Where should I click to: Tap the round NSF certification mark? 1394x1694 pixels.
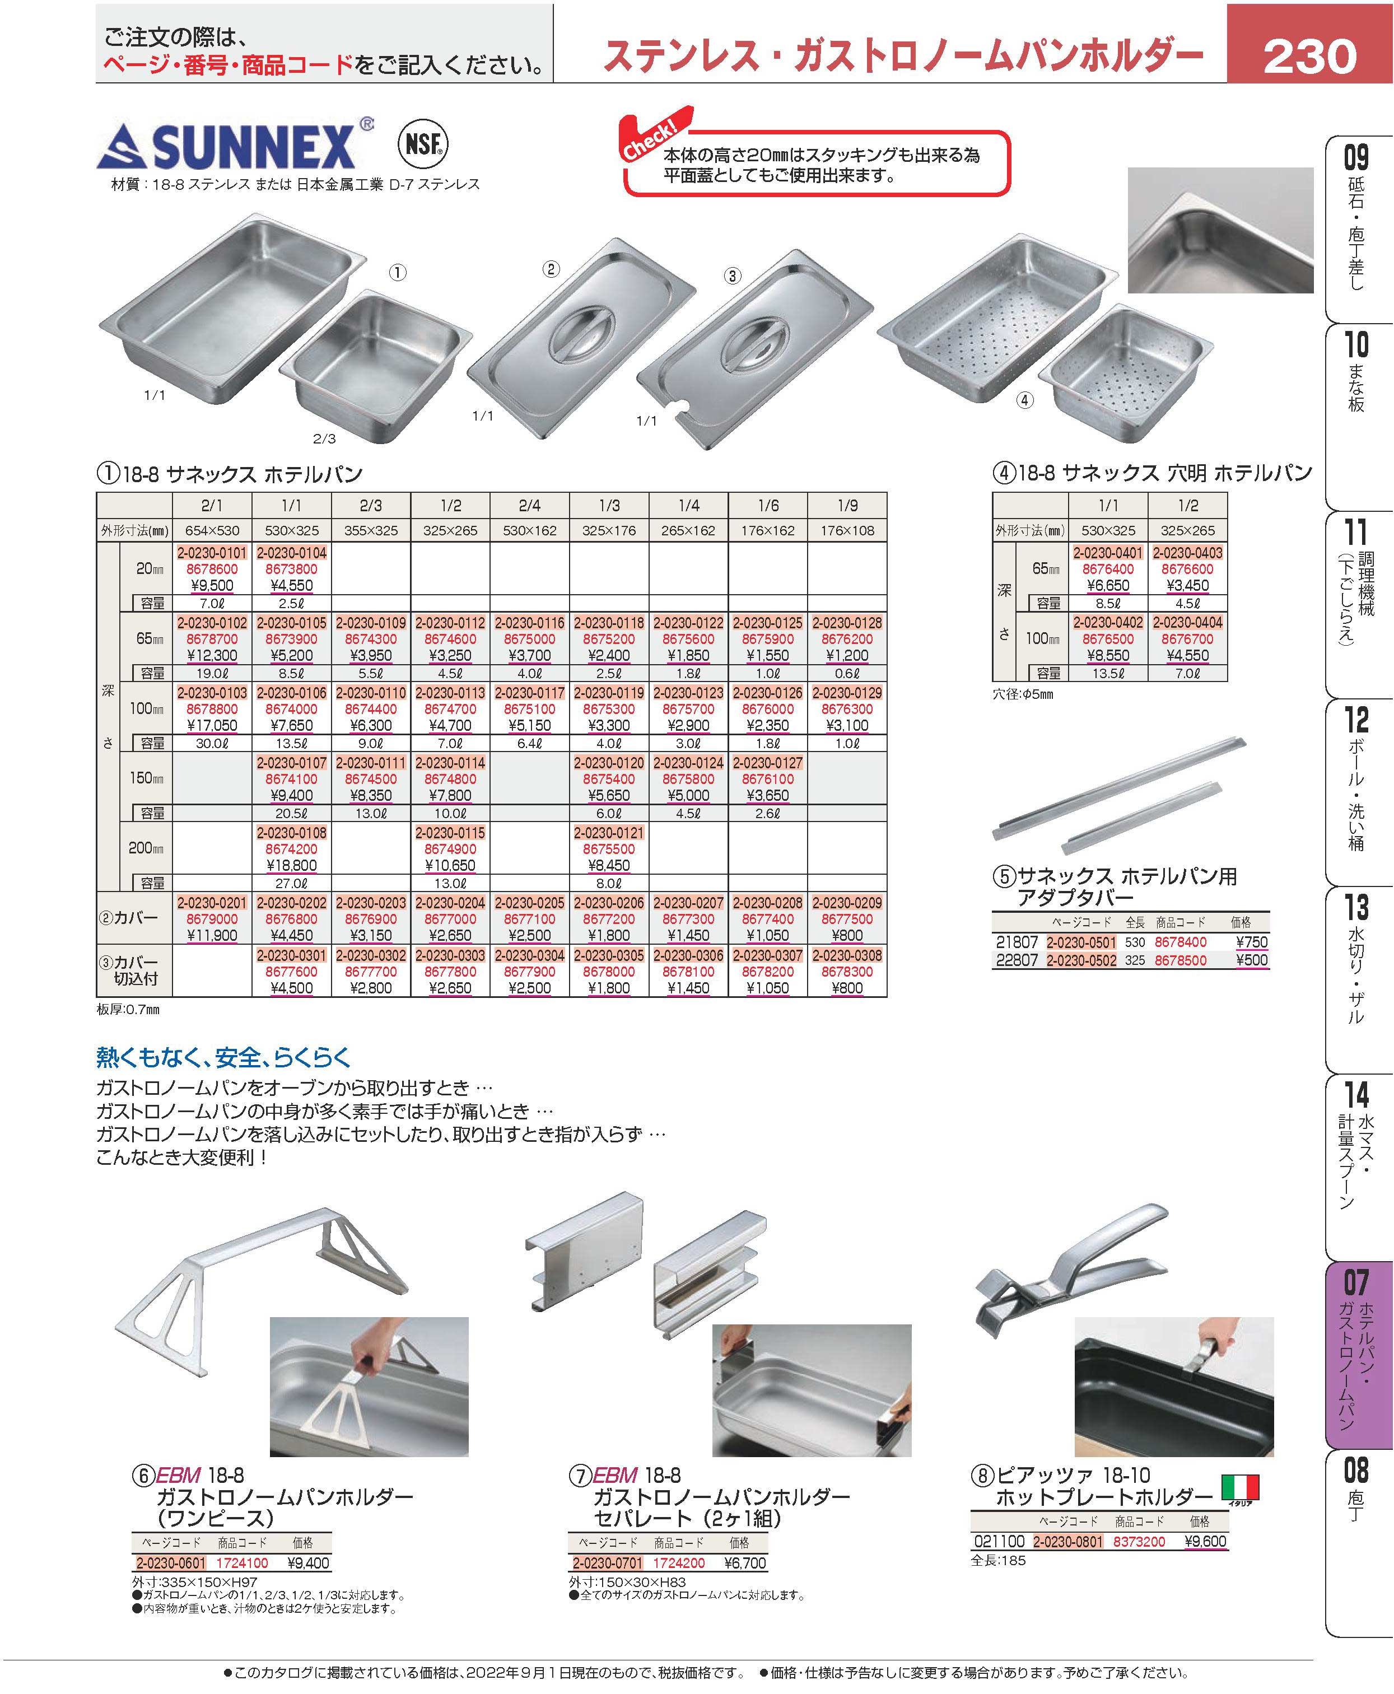coord(423,144)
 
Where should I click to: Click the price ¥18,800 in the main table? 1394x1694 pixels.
coord(291,865)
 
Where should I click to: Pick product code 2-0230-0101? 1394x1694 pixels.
coord(212,552)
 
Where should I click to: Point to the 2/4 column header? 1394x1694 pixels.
coord(529,506)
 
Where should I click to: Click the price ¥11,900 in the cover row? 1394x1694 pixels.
coord(212,935)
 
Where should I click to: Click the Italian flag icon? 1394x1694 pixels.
coord(1241,1488)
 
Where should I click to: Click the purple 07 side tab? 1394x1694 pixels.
coord(1356,1353)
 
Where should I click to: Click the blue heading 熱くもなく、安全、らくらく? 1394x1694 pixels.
coord(224,1057)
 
